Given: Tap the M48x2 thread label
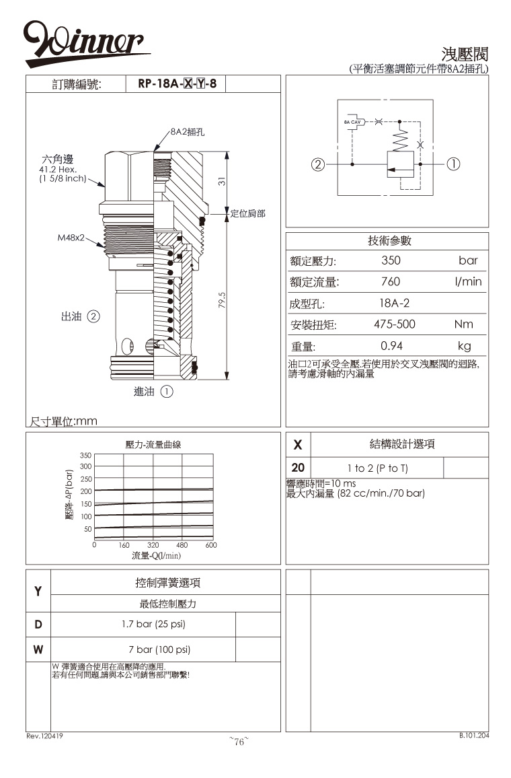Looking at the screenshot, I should tap(70, 238).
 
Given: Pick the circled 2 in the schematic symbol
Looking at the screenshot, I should tap(318, 164).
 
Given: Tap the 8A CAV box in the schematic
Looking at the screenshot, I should tap(353, 122).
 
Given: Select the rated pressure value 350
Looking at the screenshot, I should tap(391, 260).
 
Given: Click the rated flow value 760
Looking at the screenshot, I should tap(391, 281).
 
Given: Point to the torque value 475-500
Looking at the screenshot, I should tap(395, 324).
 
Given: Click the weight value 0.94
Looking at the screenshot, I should tap(391, 346).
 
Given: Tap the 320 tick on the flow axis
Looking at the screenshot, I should tap(153, 545).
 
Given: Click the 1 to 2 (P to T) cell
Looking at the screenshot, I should tap(377, 468).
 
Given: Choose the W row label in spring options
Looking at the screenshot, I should tap(38, 649).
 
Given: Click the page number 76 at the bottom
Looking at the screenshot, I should tap(239, 742).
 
